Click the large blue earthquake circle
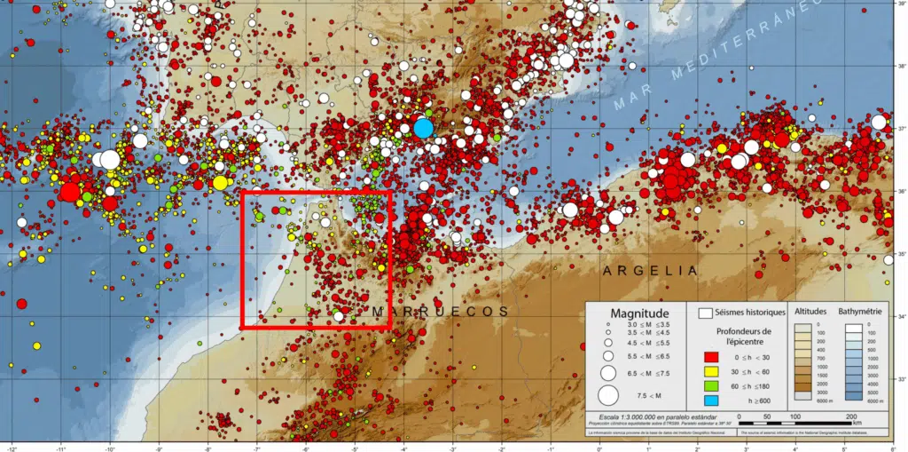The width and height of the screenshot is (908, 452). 424,128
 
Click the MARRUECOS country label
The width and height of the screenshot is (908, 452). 441,312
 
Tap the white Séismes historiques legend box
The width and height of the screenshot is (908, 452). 706,313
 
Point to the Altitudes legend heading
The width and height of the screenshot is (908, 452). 811,312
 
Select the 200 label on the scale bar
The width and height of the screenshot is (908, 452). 851,416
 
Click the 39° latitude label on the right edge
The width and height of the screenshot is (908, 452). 901,4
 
